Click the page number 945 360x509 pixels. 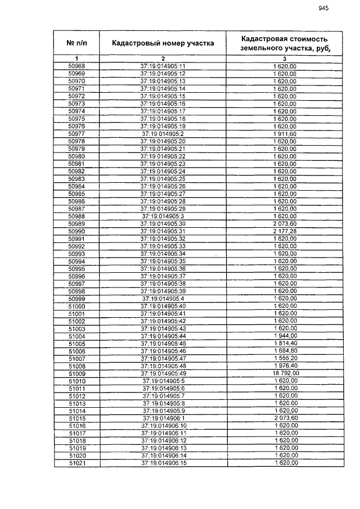[x=323, y=8]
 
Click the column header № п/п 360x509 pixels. [x=76, y=43]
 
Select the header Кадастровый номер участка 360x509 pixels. [x=163, y=43]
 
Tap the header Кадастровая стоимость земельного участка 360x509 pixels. [x=284, y=43]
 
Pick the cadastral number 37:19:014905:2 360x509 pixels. [x=163, y=134]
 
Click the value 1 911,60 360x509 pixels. [x=285, y=134]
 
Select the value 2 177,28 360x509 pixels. [x=285, y=231]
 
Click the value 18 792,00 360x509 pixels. [x=285, y=373]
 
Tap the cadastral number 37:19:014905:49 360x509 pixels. [x=163, y=373]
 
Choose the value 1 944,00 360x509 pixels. [x=285, y=336]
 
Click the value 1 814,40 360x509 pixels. [x=285, y=344]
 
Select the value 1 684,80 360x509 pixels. [x=285, y=351]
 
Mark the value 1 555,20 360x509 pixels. [x=285, y=358]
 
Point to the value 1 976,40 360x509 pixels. [x=285, y=366]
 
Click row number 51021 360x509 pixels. [x=76, y=463]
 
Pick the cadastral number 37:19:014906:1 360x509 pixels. [x=163, y=418]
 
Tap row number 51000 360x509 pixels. [x=76, y=306]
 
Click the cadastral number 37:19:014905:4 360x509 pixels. [x=163, y=299]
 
